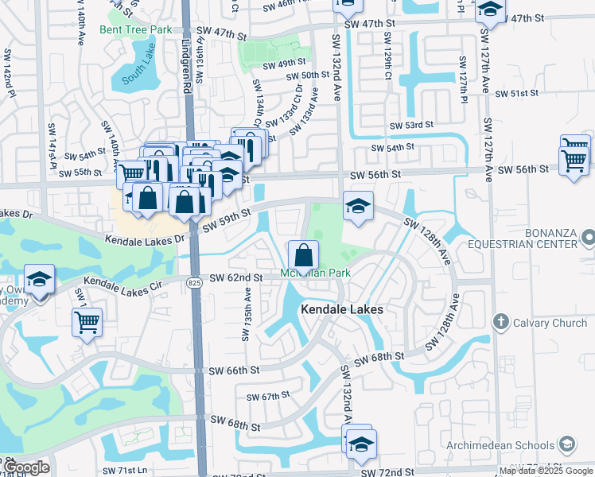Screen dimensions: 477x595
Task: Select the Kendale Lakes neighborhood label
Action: coord(341,309)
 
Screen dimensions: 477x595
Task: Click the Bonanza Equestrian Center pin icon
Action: coord(588,237)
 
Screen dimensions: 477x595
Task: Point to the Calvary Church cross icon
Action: coord(500,322)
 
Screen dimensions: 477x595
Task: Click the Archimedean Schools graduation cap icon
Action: coord(568,445)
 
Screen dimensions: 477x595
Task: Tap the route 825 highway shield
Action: coord(195,282)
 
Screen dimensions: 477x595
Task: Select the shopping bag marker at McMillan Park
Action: coord(303,255)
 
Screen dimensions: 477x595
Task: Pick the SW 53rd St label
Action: coord(411,126)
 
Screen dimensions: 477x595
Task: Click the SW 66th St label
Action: coord(235,370)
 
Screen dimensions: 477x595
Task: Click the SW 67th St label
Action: coord(267,397)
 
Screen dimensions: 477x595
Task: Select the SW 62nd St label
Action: coord(236,277)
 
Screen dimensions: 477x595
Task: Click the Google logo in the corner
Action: coord(26,467)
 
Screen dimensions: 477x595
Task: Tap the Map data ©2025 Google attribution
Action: coord(546,471)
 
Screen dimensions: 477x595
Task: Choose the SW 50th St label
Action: coord(309,76)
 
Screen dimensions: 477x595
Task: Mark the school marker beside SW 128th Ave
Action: coord(359,207)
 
